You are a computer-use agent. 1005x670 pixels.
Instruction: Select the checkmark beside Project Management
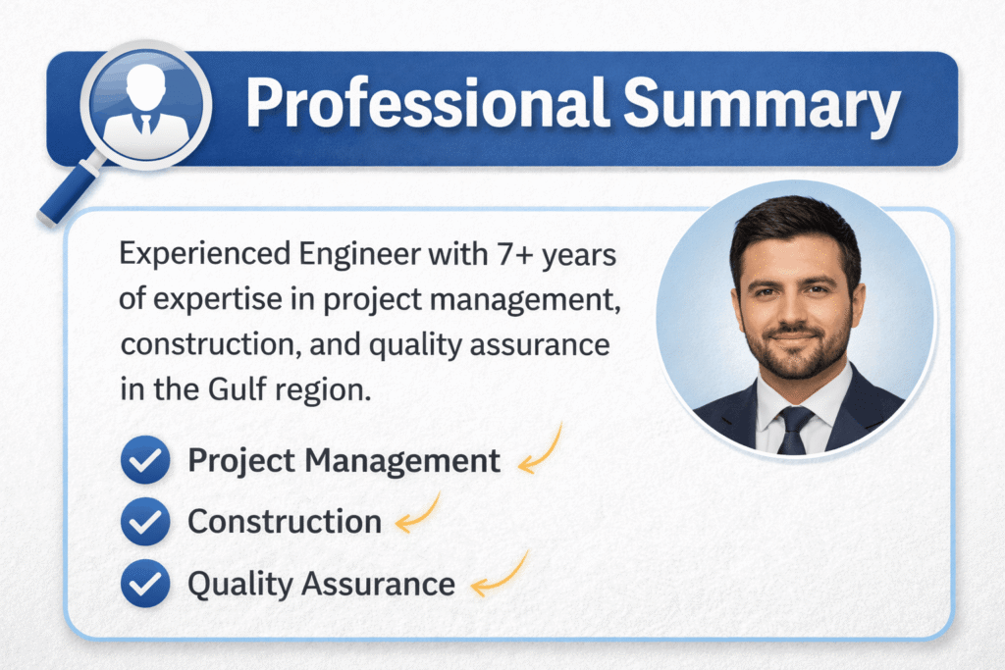(x=145, y=461)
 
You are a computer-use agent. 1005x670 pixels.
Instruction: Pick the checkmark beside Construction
(x=145, y=522)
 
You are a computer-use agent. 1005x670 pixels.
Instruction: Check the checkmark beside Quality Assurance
(x=145, y=584)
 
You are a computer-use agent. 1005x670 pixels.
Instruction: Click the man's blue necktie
(x=794, y=426)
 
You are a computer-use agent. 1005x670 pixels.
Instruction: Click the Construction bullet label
(x=285, y=521)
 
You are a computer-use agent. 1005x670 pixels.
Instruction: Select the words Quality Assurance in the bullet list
(x=321, y=584)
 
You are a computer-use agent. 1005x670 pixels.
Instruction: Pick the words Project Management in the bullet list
(x=344, y=460)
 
